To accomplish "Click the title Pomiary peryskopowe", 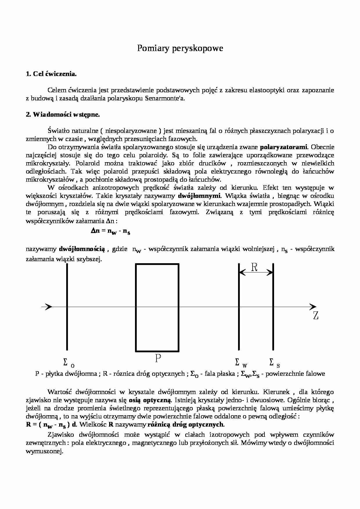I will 180,48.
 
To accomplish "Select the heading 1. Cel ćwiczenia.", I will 51,74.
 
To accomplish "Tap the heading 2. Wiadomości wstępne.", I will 63,114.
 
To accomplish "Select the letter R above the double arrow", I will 254,267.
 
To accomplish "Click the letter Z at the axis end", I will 316,316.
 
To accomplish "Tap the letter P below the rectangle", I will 158,359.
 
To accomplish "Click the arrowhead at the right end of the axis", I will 313,307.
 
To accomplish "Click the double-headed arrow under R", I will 256,272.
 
